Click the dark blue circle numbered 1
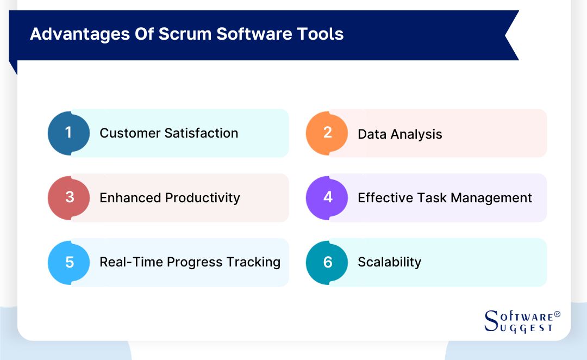(68, 133)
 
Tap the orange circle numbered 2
(327, 133)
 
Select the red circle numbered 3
(68, 197)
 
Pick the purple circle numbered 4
(327, 197)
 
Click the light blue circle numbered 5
(68, 262)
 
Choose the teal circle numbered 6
(327, 262)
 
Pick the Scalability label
(389, 262)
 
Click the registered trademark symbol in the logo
(557, 315)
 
